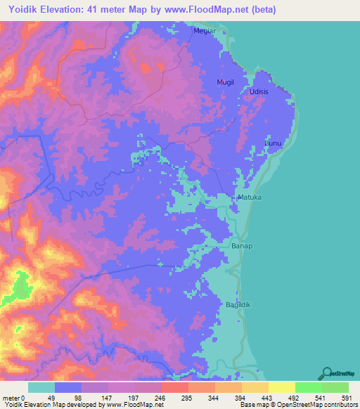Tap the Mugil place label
point(225,82)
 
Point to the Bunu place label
point(272,143)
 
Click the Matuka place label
point(249,198)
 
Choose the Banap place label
point(242,247)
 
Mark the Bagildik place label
point(238,304)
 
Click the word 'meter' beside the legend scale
point(11,397)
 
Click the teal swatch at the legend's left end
point(41,387)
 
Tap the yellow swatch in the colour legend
point(281,387)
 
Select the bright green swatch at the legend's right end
point(335,387)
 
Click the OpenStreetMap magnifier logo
point(327,372)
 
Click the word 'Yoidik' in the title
point(24,10)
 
